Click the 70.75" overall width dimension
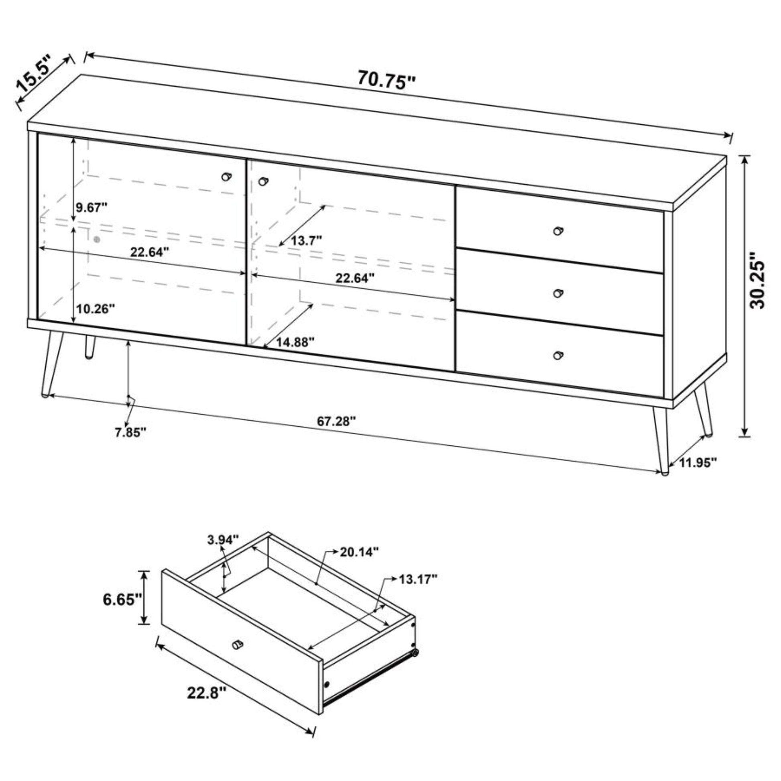point(386,80)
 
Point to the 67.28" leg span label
point(336,421)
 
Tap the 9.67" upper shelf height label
point(92,208)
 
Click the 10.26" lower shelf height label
point(96,309)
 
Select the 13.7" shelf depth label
point(306,241)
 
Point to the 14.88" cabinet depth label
point(295,342)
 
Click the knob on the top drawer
point(558,231)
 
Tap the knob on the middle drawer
point(558,293)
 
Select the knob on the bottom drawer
point(558,355)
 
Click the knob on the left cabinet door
point(227,177)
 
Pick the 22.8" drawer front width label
point(206,693)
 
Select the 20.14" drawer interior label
point(359,552)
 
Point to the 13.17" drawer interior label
point(418,579)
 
